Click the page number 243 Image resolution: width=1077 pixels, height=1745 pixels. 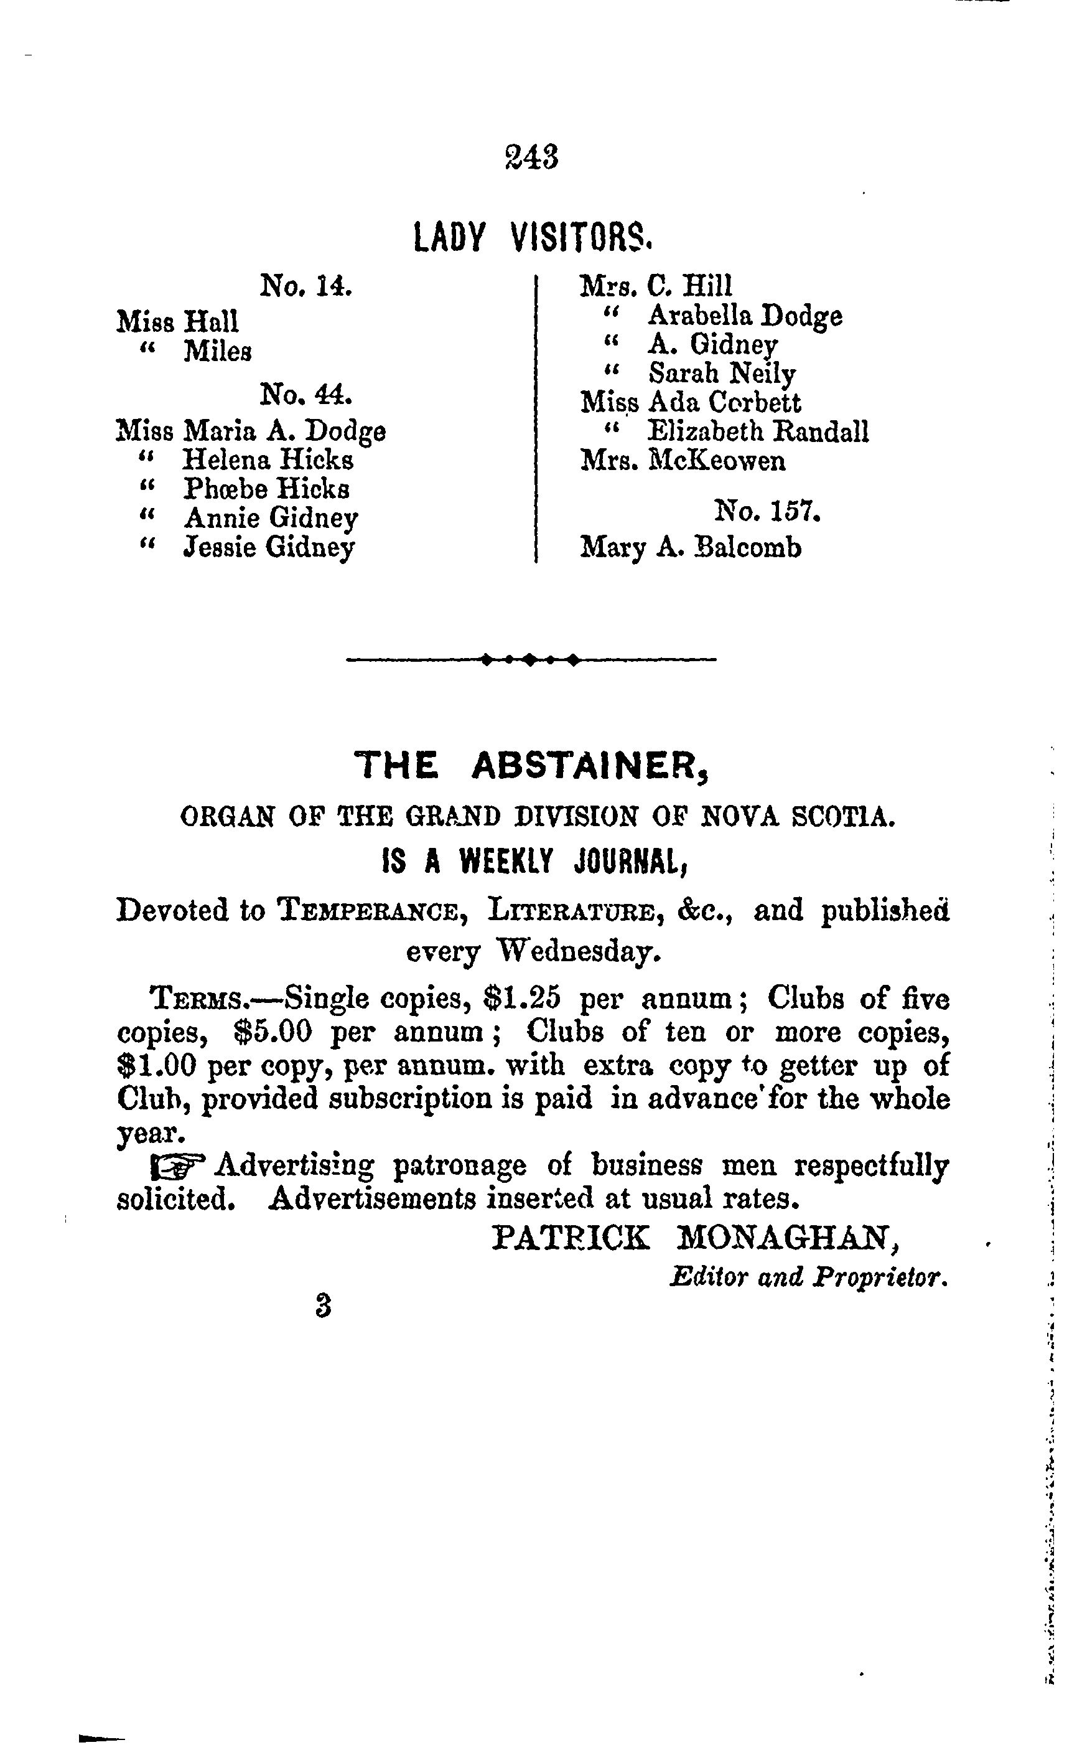pos(531,157)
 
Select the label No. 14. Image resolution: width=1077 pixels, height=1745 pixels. pos(306,286)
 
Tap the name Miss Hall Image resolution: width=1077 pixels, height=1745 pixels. pos(177,321)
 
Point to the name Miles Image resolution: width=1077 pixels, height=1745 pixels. pos(217,351)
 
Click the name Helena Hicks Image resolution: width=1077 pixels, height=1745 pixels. pos(268,459)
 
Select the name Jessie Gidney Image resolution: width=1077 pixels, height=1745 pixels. pos(269,547)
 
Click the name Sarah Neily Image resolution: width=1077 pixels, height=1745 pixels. pos(722,374)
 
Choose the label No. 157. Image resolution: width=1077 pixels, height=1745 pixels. pos(768,512)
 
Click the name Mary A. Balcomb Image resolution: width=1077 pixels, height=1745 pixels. pos(691,548)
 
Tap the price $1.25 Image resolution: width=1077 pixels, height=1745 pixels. pos(521,999)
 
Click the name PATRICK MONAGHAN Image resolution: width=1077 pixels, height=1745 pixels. pos(695,1238)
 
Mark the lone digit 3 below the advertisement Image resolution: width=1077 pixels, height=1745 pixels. pos(324,1305)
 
